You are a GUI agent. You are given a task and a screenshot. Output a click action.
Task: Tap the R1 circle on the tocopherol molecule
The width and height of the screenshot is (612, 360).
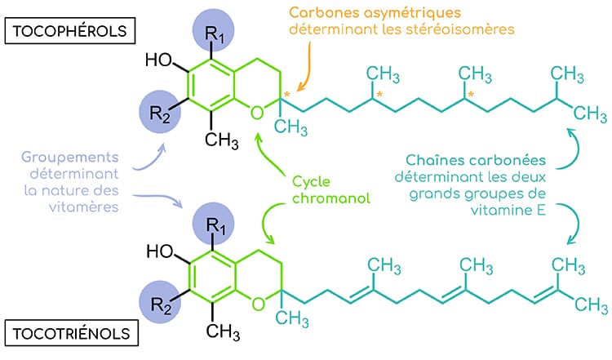coord(215,33)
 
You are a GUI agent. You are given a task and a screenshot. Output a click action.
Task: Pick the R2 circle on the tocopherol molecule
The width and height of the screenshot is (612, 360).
coord(161,109)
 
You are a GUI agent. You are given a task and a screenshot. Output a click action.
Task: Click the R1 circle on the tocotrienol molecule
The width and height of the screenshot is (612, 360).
coord(214,225)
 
